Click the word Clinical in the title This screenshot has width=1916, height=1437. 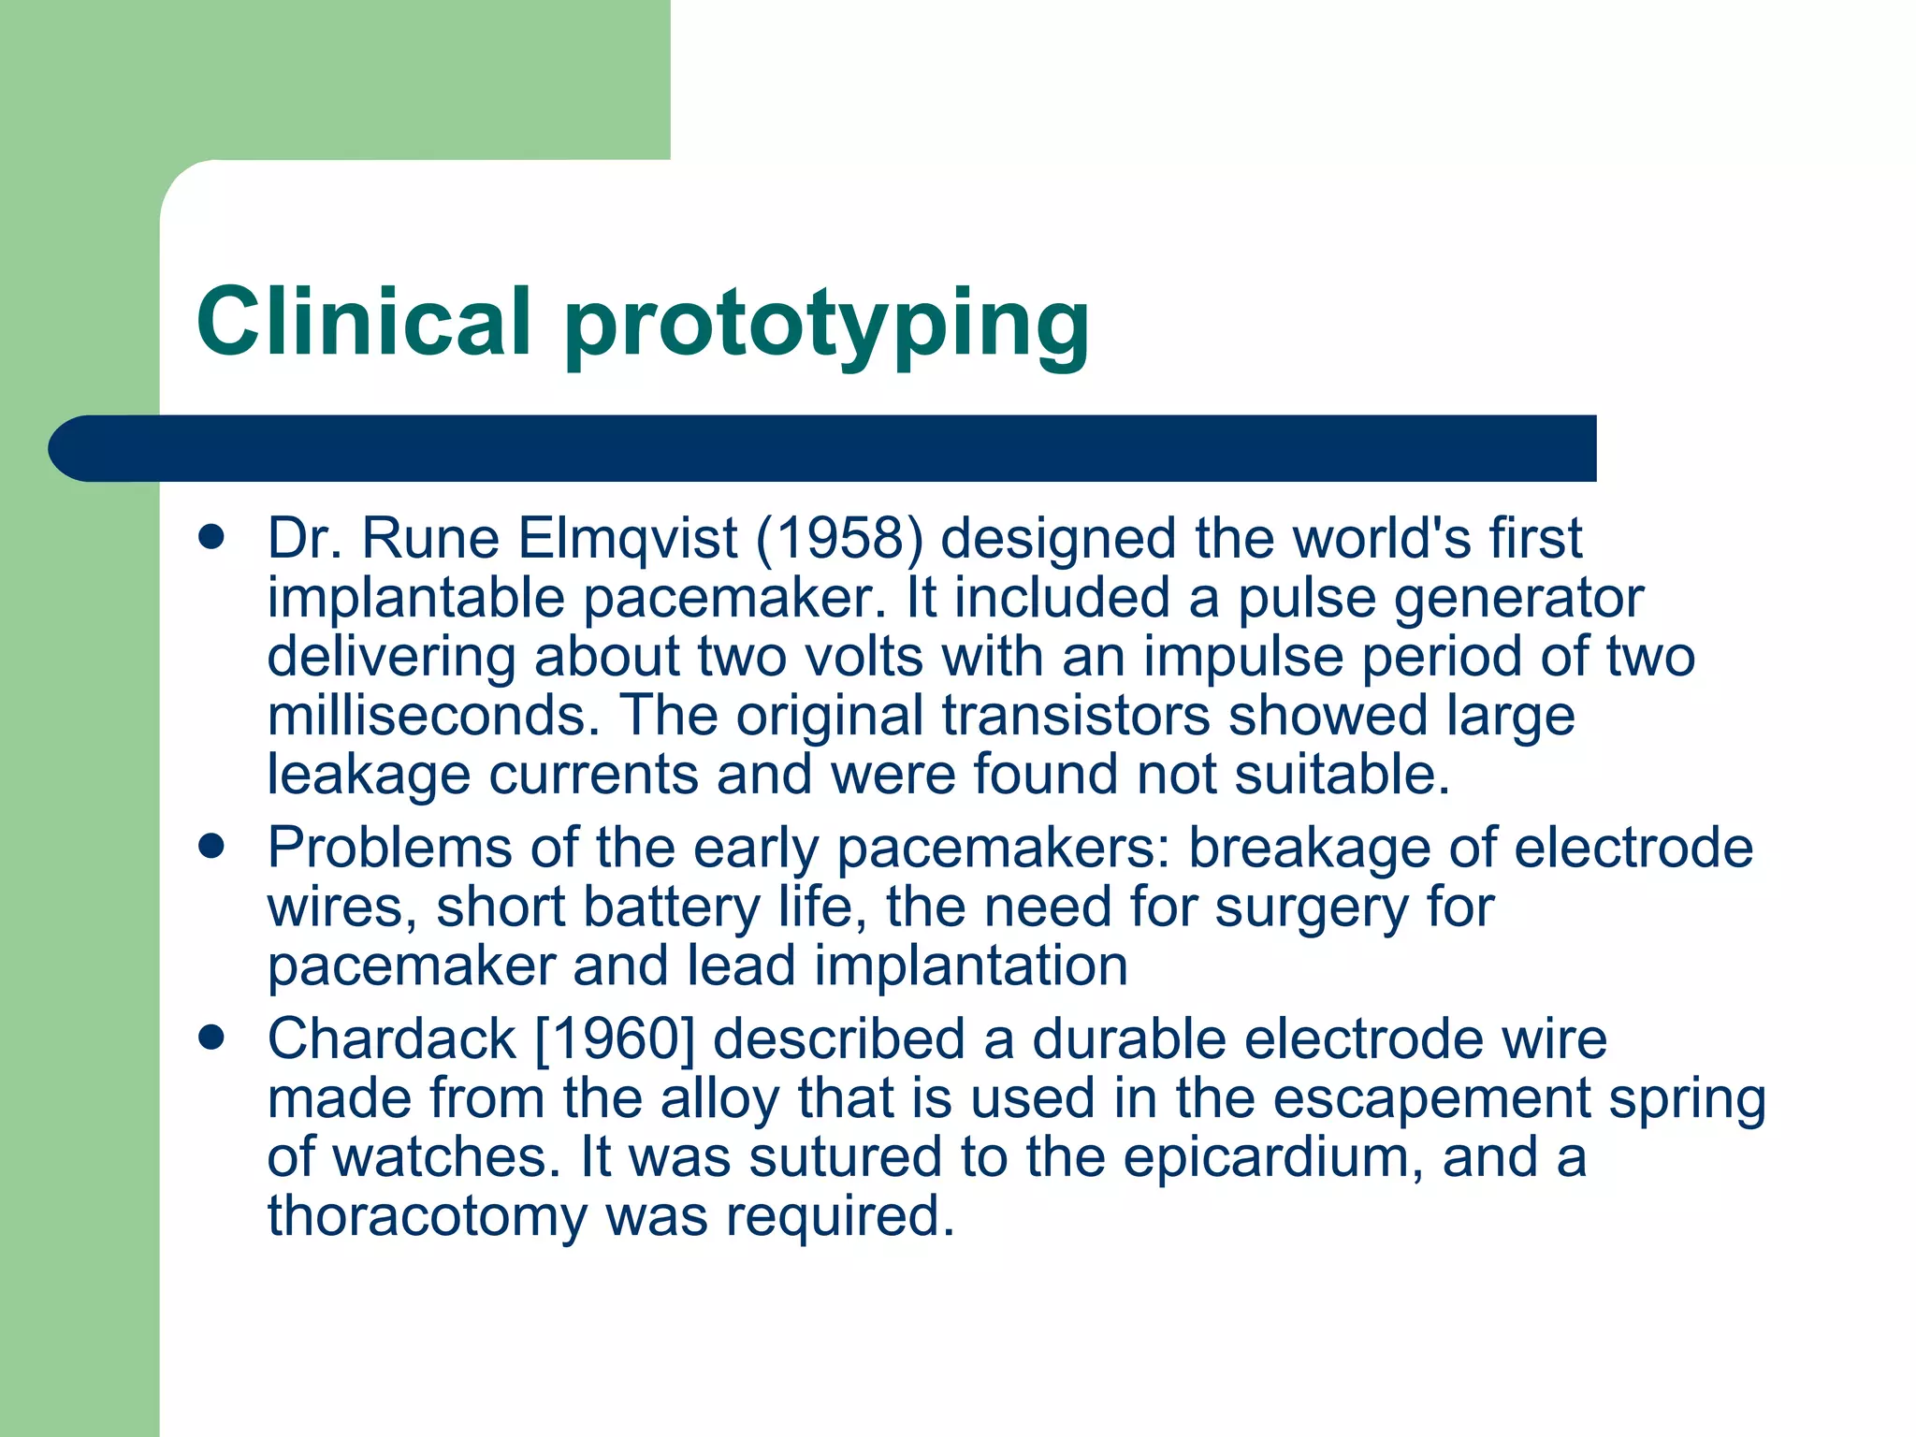coord(364,321)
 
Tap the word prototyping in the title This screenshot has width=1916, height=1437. coord(827,325)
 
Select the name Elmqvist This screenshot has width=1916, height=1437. coord(628,539)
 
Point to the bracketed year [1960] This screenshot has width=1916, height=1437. coord(615,1039)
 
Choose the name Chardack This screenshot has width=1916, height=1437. coord(392,1039)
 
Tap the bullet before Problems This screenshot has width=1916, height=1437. coord(212,847)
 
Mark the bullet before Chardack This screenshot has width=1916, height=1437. coord(212,1038)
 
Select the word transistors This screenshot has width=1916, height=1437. coord(1076,716)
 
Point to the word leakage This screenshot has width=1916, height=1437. coord(369,777)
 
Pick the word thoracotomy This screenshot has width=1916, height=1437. coord(427,1217)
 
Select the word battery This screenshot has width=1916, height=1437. coord(672,907)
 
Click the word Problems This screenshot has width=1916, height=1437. coord(390,848)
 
